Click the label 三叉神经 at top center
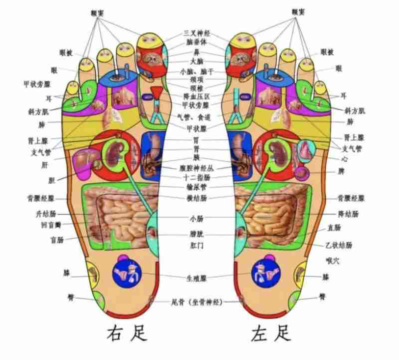click(197, 33)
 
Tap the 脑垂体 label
click(197, 42)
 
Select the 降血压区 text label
click(197, 95)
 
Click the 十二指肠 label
click(197, 177)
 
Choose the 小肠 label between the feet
click(197, 218)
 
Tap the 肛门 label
click(197, 246)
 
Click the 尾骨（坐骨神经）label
click(197, 302)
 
